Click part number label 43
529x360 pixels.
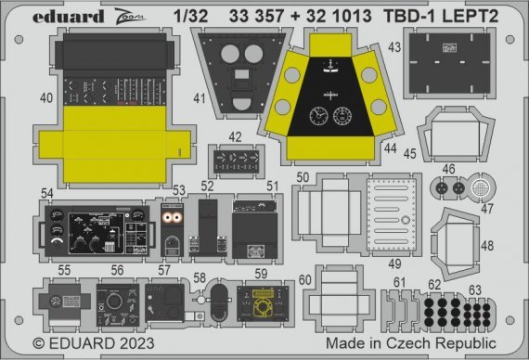(394, 46)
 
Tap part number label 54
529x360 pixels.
(46, 192)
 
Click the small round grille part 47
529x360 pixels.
(480, 187)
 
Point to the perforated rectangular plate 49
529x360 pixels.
(389, 214)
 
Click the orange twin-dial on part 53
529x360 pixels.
(171, 218)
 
